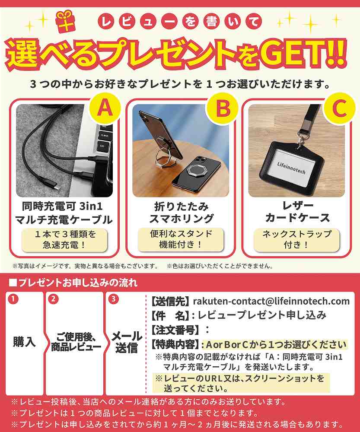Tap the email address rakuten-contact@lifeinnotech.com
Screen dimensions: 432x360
[x=271, y=301]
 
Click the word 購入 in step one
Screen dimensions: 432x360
[x=24, y=342]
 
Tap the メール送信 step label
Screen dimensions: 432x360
[x=127, y=342]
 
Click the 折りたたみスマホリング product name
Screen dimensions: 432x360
[x=181, y=212]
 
